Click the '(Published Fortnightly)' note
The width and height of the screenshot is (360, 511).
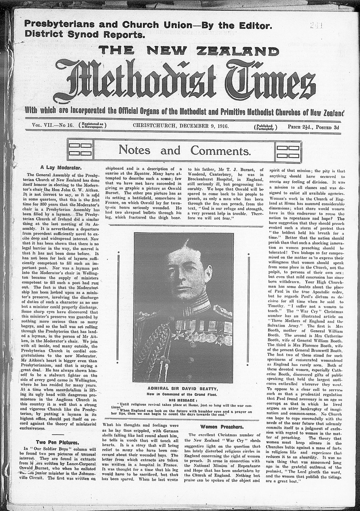[x=266, y=127]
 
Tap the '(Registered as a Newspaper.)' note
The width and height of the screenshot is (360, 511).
[x=92, y=126]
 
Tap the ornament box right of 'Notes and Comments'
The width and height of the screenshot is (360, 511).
[x=289, y=149]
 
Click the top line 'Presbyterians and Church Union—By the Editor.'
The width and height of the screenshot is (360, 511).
[x=148, y=25]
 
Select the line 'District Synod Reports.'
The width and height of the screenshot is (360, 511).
[x=85, y=35]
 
